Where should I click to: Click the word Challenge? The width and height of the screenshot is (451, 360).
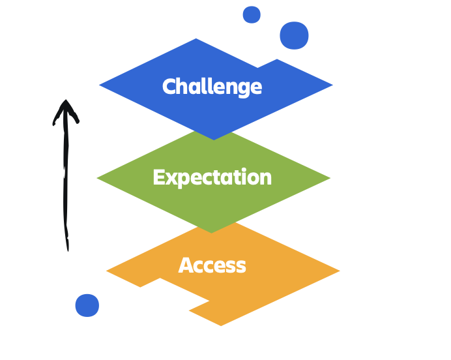click(212, 87)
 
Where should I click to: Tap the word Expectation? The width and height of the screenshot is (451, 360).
click(212, 177)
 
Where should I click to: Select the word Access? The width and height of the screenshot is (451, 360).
click(212, 265)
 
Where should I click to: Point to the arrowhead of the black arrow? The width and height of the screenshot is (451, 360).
click(65, 104)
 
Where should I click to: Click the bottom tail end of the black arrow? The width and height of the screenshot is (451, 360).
click(67, 248)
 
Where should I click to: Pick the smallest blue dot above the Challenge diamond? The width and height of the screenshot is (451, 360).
click(252, 14)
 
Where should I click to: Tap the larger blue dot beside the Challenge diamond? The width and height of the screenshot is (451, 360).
click(294, 35)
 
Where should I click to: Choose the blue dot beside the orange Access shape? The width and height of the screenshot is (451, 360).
click(87, 305)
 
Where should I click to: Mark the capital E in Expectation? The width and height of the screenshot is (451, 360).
click(158, 177)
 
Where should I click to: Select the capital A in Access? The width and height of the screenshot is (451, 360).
click(185, 265)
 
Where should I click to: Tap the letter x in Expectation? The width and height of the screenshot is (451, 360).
click(170, 178)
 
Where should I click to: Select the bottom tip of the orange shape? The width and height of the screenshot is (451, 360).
click(221, 324)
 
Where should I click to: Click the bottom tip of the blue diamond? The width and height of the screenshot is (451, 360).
click(214, 138)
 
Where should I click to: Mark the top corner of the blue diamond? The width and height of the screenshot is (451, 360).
click(196, 40)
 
